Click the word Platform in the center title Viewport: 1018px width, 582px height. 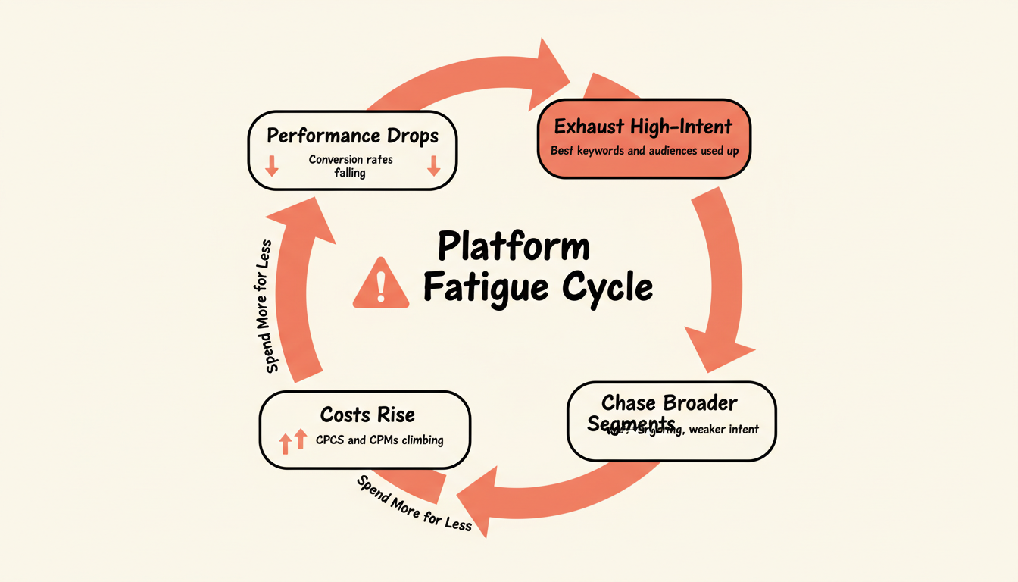(514, 248)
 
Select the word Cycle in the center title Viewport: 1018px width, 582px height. (606, 288)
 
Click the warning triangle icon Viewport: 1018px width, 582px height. (381, 282)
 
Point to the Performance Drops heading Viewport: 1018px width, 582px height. (352, 136)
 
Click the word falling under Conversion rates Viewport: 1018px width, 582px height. (350, 173)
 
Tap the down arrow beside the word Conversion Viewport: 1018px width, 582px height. (272, 166)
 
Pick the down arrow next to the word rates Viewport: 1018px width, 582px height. (434, 166)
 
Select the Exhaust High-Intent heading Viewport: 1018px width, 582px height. (643, 126)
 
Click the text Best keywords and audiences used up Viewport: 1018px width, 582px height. (643, 150)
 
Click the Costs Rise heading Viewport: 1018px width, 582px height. (367, 415)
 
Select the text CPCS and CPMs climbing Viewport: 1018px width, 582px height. (379, 440)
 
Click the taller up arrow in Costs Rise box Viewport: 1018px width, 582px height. (300, 440)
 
